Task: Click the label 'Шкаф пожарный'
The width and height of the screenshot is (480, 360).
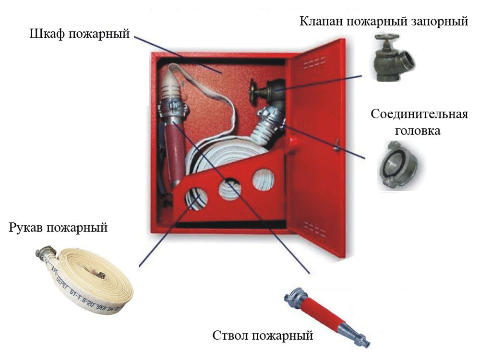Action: point(80,34)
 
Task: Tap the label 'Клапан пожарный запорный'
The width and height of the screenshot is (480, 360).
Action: point(384,22)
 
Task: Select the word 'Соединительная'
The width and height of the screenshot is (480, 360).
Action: point(420,114)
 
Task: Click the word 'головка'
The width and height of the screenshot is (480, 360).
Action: point(418,131)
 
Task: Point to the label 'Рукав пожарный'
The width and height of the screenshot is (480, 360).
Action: point(58,228)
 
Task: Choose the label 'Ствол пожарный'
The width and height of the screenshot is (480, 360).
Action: point(263,335)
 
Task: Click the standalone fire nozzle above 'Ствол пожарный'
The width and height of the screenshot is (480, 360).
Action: point(327,317)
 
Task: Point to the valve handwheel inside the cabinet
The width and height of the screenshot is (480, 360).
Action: point(253,92)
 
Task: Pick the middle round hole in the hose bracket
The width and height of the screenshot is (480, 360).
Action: point(229,190)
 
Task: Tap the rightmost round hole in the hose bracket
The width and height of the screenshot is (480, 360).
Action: point(263,180)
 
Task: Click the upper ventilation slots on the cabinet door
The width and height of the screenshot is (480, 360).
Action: point(314,62)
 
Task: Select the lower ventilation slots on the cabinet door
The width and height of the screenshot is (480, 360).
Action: point(315,228)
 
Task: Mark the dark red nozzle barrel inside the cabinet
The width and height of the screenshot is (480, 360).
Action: point(175,152)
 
